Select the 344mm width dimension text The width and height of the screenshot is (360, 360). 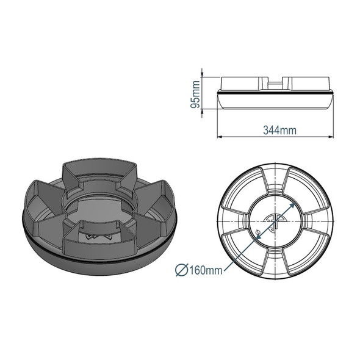[x=279, y=130]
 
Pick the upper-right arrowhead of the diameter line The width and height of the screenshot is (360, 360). [x=296, y=204]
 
